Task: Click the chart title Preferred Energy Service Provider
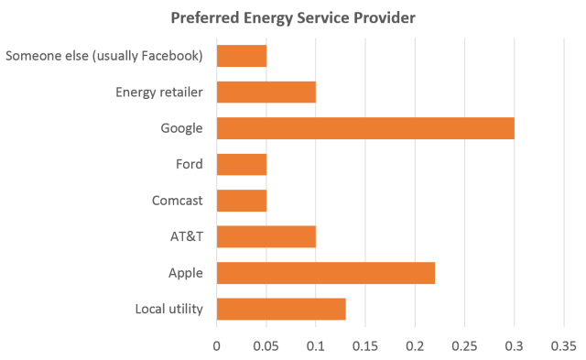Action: point(292,18)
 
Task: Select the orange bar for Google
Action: point(365,128)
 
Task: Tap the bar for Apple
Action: point(326,273)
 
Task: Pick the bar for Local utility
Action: point(281,310)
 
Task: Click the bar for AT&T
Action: point(266,236)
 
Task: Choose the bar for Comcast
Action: point(242,201)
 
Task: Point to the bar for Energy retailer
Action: point(266,93)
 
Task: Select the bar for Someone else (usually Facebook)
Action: point(242,56)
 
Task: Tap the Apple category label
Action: point(185,273)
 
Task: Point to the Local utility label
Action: point(168,310)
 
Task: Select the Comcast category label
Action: point(177,201)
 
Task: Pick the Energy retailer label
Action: point(160,93)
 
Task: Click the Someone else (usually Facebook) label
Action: point(103,56)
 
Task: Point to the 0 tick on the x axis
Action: point(217,346)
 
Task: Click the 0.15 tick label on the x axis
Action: point(365,346)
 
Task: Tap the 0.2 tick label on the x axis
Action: point(415,346)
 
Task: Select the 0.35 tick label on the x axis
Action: point(562,346)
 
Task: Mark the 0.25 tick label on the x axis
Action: point(464,346)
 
